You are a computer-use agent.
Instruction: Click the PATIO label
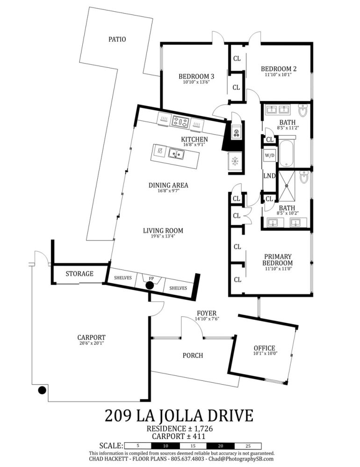point(117,39)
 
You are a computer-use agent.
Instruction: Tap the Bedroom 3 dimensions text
point(196,82)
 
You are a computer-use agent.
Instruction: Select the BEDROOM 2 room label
point(279,69)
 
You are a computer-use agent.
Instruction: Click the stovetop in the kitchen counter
point(180,122)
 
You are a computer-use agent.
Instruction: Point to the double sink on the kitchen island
point(176,153)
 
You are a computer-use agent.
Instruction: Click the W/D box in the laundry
point(270,155)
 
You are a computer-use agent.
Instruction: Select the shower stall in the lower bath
point(286,185)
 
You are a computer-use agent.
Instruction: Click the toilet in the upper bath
point(303,110)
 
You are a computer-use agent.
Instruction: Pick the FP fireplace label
point(151,278)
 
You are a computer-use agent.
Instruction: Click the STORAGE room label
point(79,273)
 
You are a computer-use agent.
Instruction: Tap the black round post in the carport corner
point(42,390)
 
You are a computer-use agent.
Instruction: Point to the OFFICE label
point(264,348)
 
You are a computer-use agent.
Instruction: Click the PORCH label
point(193,355)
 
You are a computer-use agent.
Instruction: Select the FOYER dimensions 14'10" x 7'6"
point(207,319)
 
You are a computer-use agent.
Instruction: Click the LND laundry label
point(269,176)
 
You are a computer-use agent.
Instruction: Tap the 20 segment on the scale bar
point(221,446)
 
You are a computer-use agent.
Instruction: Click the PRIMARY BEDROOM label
point(278,260)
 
